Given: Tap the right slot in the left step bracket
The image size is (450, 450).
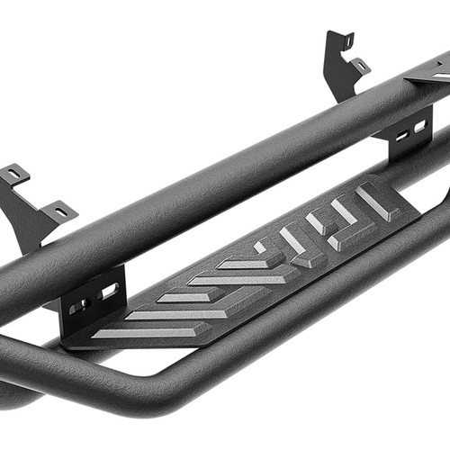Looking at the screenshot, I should (108, 292).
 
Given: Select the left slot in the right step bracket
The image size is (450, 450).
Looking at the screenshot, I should (400, 135).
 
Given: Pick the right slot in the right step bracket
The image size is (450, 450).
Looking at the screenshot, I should (420, 126).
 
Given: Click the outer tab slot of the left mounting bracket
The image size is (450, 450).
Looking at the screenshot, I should (14, 173).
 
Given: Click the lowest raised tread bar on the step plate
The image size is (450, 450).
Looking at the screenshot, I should (135, 332).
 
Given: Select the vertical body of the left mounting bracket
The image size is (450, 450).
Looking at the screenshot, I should (27, 216).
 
